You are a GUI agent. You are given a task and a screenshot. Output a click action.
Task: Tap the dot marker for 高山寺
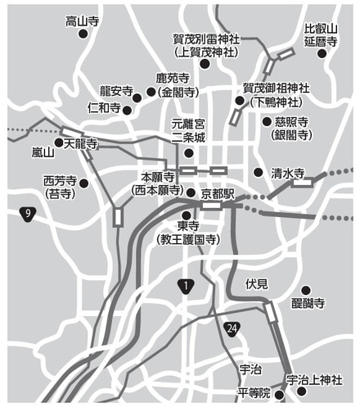[x=82, y=34]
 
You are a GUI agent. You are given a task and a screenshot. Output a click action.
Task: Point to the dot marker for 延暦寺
[x=322, y=53]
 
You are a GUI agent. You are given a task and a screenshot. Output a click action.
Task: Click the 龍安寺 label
[x=116, y=90]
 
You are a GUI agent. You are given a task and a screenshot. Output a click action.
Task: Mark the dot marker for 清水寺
[x=259, y=173]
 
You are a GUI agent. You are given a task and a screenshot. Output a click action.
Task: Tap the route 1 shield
[x=187, y=286]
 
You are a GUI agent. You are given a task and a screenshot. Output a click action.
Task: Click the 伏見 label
[x=257, y=283]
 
